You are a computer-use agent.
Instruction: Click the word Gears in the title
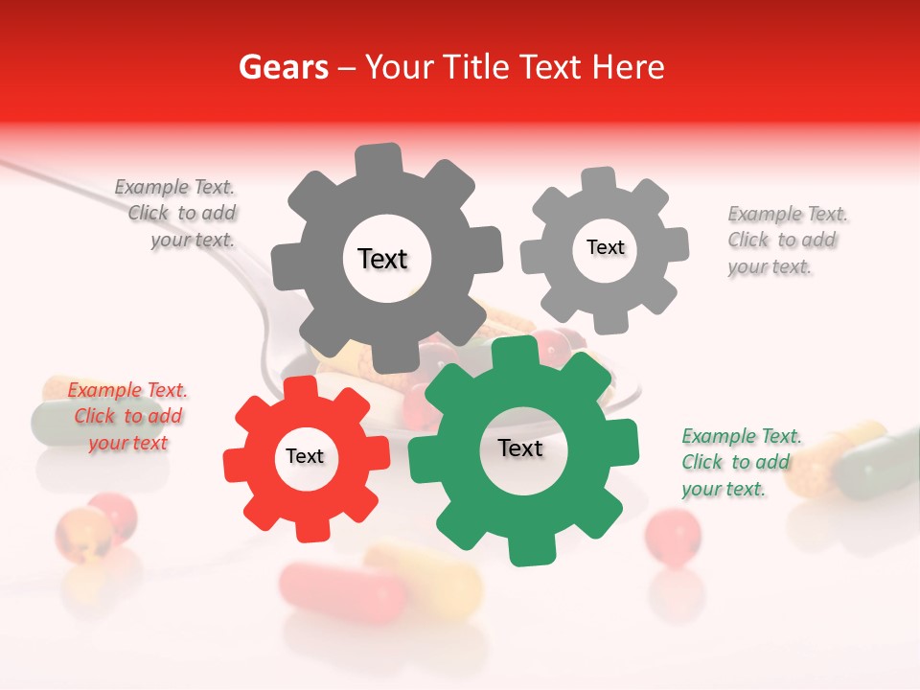[283, 67]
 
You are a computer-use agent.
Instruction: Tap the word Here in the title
[629, 67]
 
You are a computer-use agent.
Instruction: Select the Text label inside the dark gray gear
[382, 259]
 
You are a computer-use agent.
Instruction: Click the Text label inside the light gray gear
[605, 247]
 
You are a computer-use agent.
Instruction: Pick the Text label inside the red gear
[305, 456]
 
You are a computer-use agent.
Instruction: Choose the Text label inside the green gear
[520, 448]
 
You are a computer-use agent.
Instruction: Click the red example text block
[127, 417]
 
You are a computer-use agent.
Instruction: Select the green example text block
[737, 463]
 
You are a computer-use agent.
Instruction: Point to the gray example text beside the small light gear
[782, 241]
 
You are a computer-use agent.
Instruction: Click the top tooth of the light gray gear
[599, 179]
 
